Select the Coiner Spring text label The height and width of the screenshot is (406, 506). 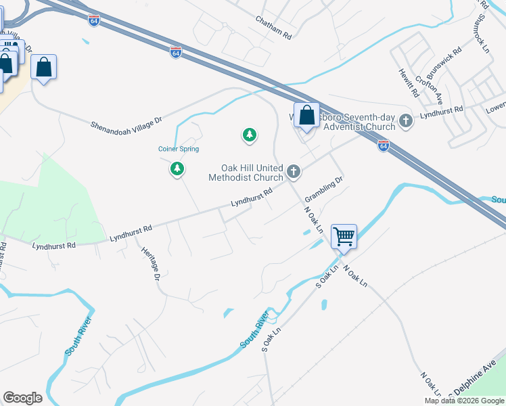(179, 149)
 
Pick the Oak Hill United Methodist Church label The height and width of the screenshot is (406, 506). (252, 173)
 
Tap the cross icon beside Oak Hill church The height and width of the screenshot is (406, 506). (293, 172)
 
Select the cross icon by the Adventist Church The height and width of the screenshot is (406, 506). (406, 121)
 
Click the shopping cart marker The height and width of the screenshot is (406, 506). (344, 237)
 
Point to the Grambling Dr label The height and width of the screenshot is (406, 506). (324, 189)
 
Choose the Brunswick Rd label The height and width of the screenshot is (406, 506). (445, 60)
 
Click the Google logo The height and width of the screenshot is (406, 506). (22, 398)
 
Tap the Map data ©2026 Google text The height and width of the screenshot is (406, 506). (464, 401)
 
